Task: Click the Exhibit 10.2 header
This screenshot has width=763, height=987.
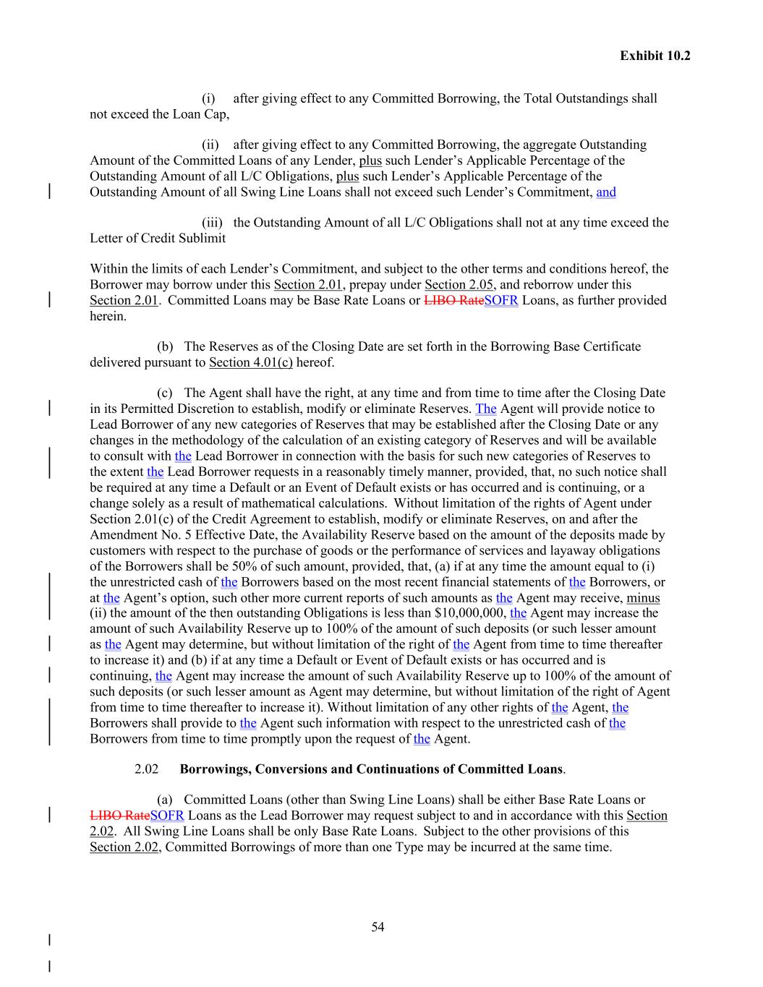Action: [655, 56]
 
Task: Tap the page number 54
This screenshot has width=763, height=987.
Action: [378, 927]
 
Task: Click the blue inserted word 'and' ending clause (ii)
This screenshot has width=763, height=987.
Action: [606, 192]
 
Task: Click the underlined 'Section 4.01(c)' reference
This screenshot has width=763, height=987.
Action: [250, 362]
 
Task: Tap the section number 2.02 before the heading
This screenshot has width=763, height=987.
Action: [147, 769]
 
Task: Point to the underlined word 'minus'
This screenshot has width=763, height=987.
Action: [643, 598]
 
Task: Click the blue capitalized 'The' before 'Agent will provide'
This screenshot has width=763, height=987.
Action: [486, 409]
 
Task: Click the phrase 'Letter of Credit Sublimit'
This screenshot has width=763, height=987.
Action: [158, 239]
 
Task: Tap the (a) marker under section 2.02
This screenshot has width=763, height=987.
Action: [165, 800]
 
